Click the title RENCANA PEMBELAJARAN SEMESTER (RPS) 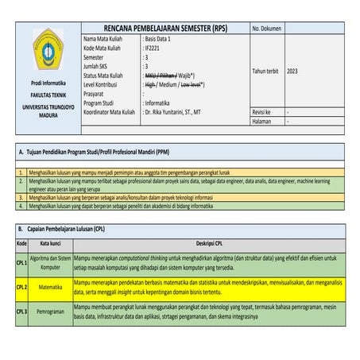click(x=165, y=29)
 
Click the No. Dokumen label click(x=269, y=29)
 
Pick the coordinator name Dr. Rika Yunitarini click(x=178, y=113)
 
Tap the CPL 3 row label click(x=21, y=311)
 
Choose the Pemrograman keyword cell click(x=51, y=311)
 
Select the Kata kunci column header click(x=51, y=243)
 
